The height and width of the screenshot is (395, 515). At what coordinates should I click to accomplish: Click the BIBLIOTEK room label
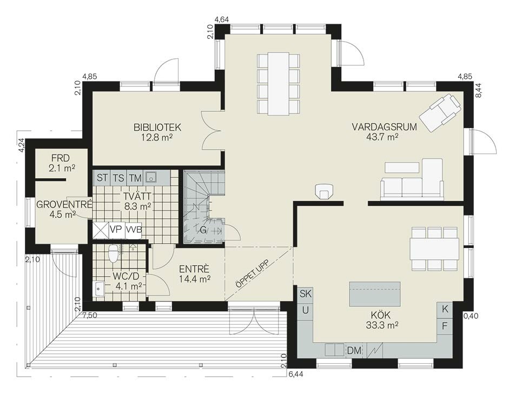coord(157,127)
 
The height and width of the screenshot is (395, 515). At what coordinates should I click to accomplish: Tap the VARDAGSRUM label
coord(384,127)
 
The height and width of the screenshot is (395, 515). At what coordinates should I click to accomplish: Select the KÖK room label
coord(381,315)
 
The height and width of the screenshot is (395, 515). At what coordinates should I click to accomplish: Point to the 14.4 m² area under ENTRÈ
coord(195,279)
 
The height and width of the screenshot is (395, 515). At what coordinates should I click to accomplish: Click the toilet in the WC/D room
coord(113,253)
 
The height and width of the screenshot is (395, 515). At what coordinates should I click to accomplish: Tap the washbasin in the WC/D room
coord(99,289)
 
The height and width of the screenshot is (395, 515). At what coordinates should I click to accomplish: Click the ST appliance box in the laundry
coord(102,178)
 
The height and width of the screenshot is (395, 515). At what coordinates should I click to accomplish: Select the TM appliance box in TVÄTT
coord(135,178)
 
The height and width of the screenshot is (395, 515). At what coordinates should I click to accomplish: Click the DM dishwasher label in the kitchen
coord(354,350)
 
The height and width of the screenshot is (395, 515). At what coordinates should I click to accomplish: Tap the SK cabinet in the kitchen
coord(306,293)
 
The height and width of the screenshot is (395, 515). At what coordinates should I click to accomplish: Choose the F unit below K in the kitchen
coord(445,326)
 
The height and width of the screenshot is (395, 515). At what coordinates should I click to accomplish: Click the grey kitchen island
coord(375,293)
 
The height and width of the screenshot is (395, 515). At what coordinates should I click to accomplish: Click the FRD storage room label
coord(61,158)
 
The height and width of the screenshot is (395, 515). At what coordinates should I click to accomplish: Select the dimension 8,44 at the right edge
coord(478,90)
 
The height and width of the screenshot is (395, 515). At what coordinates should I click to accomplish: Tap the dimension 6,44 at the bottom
coord(295,373)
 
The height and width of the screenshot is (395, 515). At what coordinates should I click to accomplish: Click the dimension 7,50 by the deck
coord(90,316)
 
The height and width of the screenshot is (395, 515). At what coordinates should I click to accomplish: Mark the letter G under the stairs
coord(203,230)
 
